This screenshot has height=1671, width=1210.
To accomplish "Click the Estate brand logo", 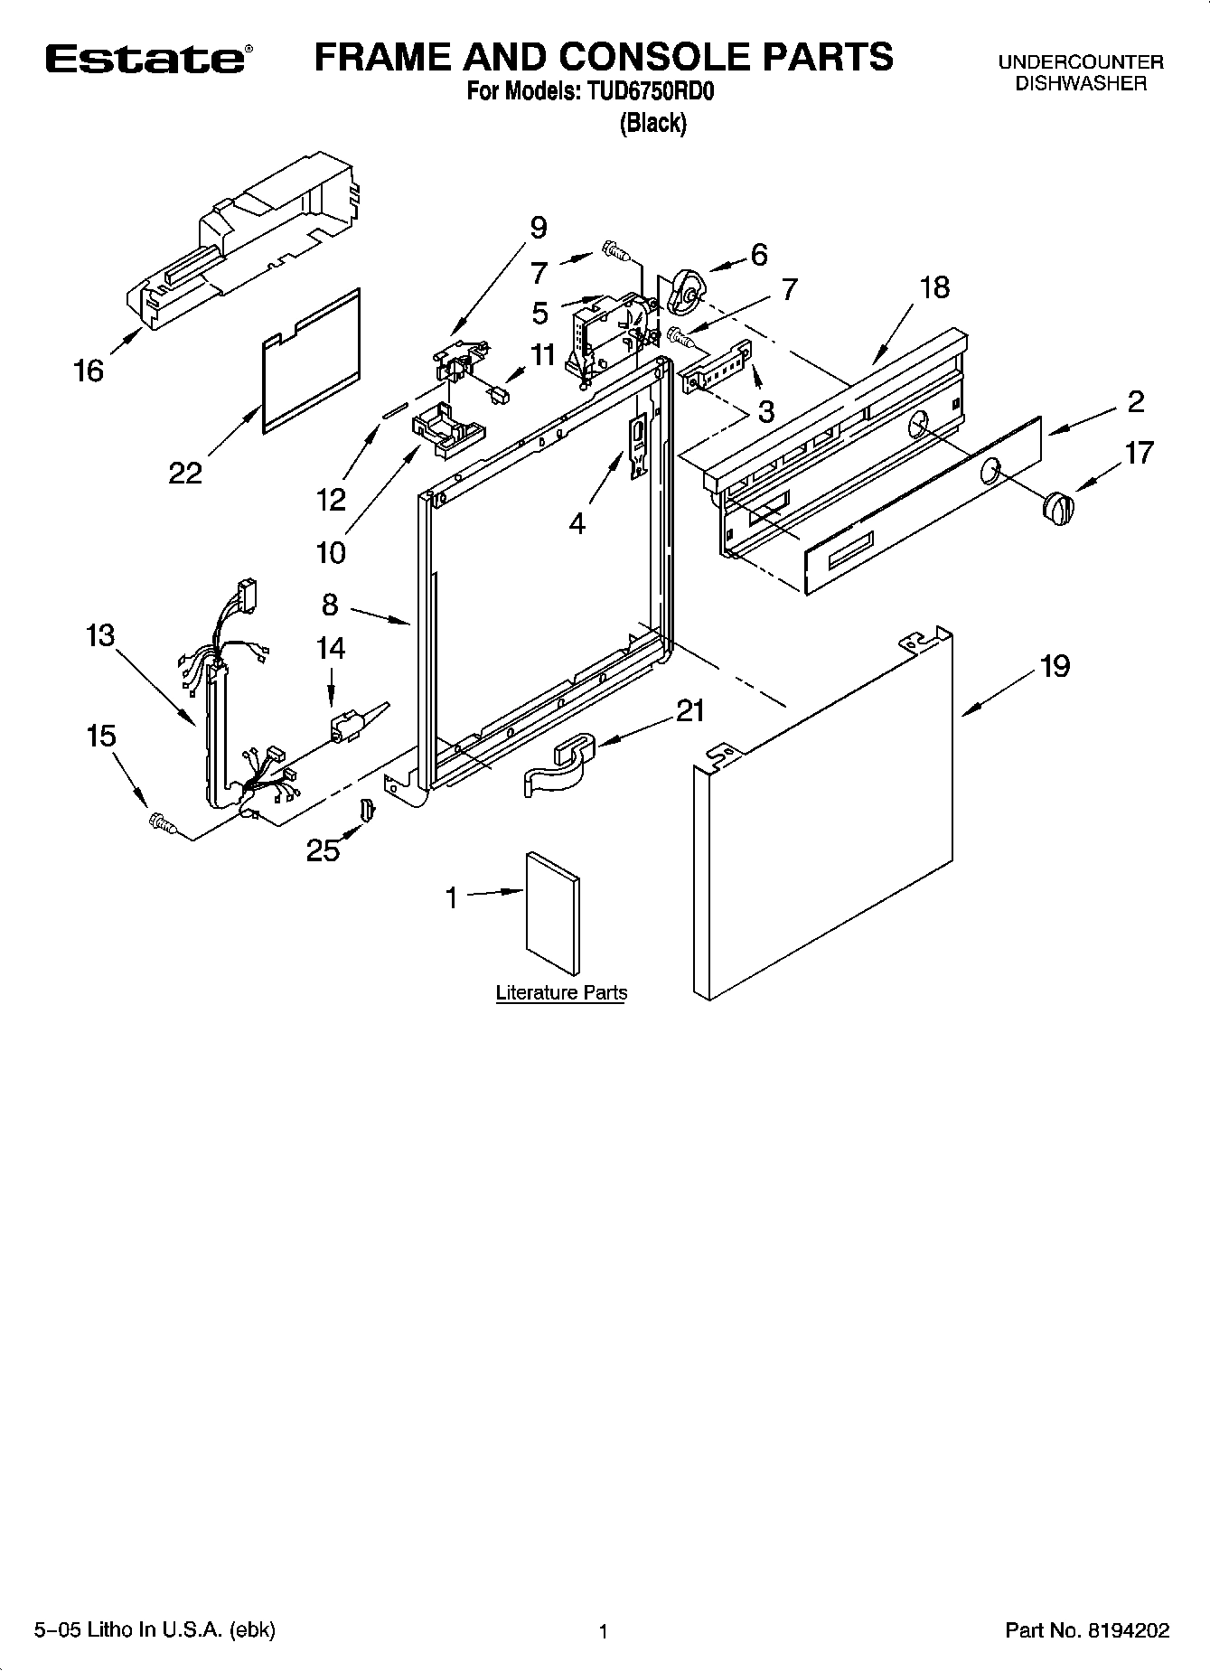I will tap(145, 60).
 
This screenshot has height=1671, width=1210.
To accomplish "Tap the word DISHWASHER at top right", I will tap(1080, 84).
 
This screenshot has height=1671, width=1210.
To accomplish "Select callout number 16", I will tap(89, 370).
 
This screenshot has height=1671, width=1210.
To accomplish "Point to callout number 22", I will tap(185, 472).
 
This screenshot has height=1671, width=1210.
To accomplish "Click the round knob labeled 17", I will tap(1058, 507).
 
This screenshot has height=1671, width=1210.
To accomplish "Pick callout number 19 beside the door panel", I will tap(1055, 666).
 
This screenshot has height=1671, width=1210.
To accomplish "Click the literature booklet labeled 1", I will tap(553, 913).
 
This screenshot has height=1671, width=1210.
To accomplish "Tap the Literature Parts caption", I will tap(561, 993).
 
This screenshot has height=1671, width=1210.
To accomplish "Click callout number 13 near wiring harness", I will tap(100, 635).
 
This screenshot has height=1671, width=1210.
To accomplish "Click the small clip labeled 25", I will tap(367, 811).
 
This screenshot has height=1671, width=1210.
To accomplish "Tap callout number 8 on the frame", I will tap(330, 604).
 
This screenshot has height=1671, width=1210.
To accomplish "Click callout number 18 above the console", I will tap(934, 287).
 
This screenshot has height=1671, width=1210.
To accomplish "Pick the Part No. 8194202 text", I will tap(1087, 1630).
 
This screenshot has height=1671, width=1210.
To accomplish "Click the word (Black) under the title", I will tap(652, 123).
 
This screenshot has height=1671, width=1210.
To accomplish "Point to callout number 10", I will tap(331, 551).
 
